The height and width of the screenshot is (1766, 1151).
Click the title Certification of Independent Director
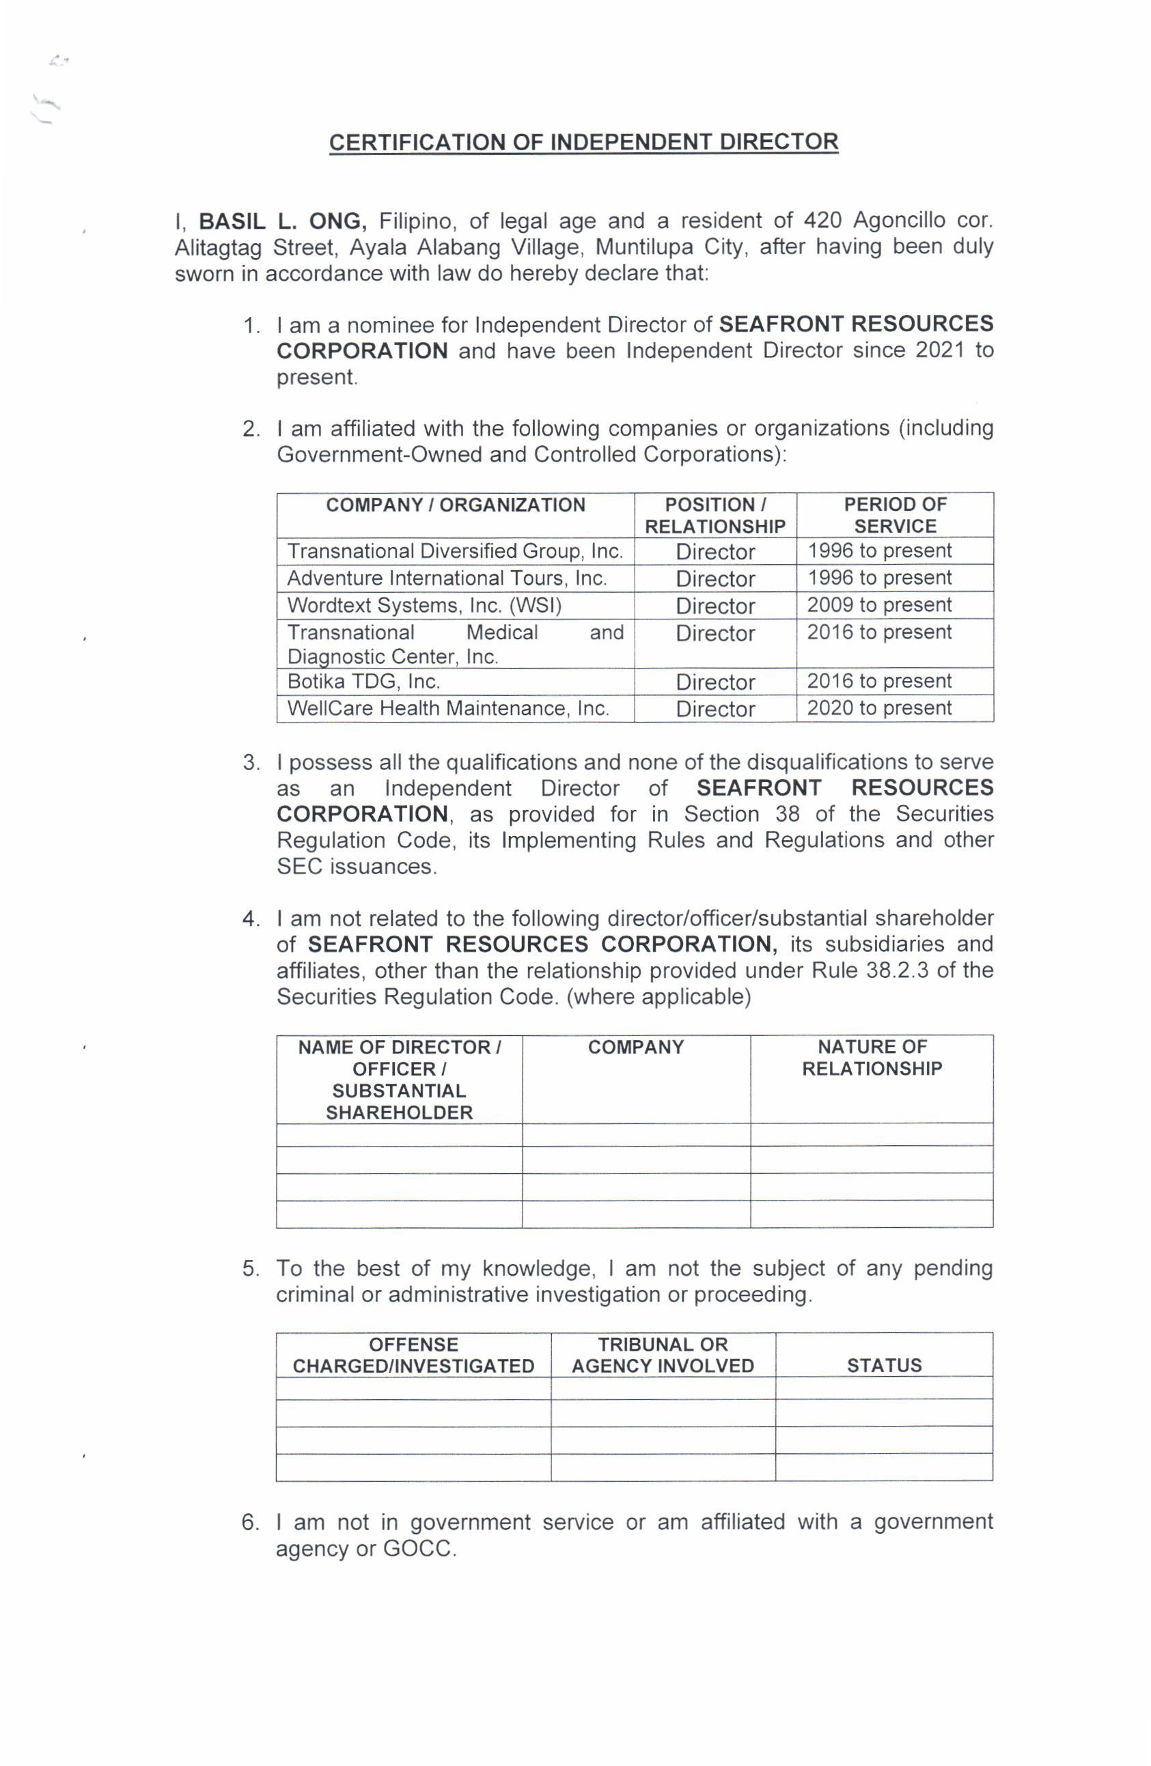click(x=583, y=142)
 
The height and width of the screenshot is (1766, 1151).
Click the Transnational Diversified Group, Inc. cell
click(x=454, y=551)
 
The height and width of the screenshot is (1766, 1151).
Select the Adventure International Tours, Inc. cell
click(x=447, y=578)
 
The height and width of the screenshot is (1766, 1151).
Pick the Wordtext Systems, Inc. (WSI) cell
click(x=424, y=606)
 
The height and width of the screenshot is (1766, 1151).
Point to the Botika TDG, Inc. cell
click(x=363, y=681)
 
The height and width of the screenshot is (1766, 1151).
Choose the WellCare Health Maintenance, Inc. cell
click(x=447, y=708)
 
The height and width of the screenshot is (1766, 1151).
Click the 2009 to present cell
click(x=878, y=605)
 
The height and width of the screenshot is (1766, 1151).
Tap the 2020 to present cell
click(x=878, y=708)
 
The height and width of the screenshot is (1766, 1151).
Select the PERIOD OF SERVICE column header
click(x=894, y=515)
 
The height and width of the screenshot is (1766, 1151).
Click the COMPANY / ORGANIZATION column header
click(x=455, y=505)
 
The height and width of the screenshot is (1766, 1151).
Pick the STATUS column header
click(x=884, y=1365)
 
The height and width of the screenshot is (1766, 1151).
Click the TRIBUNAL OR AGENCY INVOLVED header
click(x=662, y=1355)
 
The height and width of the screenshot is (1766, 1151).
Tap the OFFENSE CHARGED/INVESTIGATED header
click(x=413, y=1355)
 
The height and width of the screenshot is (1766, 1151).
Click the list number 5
click(x=250, y=1268)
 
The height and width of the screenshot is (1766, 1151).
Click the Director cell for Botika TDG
click(x=715, y=682)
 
